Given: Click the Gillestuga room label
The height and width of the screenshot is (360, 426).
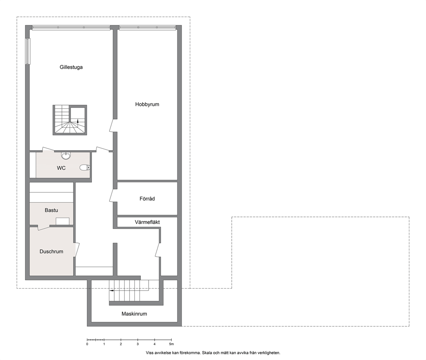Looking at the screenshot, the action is [71, 67].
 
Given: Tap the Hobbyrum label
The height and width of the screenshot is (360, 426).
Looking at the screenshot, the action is [147, 104].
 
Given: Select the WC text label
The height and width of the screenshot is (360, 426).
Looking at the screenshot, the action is [61, 168].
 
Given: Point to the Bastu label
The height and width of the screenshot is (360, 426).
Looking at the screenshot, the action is [52, 210].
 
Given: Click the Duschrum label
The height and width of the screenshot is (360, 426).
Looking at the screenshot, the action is [52, 251].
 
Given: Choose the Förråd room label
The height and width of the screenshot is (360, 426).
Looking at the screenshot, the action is [147, 199].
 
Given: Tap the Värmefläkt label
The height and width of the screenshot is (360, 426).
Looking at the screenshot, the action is [147, 222].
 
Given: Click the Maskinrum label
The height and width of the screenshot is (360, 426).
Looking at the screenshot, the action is [134, 314].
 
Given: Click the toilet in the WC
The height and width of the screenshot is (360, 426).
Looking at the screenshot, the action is [85, 168].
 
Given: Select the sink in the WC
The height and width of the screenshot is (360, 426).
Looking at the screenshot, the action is [66, 156].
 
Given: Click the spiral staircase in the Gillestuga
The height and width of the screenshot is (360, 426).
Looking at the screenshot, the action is [70, 120].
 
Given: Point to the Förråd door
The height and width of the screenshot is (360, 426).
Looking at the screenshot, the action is [112, 196].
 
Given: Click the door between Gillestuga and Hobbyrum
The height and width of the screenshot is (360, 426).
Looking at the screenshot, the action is [112, 126].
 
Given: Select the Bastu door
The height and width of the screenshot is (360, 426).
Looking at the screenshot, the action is [44, 227].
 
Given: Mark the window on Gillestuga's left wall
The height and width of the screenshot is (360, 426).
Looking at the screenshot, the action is [28, 51].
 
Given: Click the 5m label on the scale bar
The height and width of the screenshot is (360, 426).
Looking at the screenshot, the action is [171, 344].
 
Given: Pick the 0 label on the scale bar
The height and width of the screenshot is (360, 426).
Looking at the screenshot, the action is [87, 344].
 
